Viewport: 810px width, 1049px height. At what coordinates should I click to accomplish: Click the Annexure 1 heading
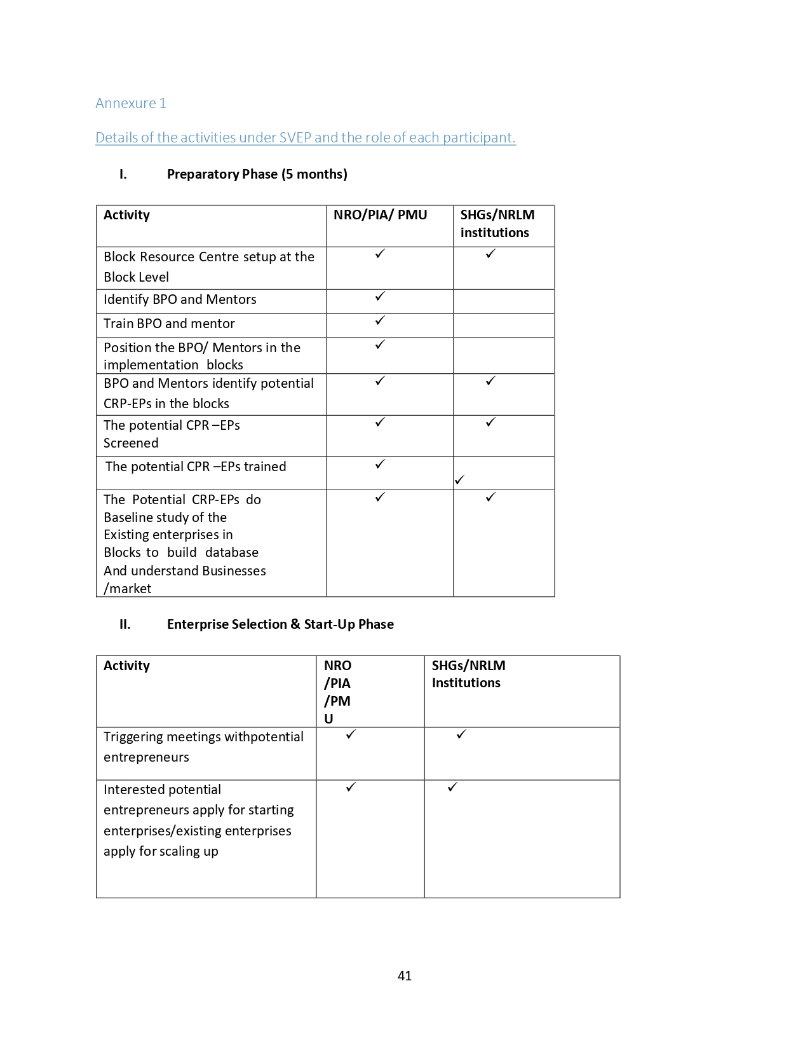[131, 104]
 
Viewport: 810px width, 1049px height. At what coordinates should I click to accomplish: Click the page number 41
[405, 976]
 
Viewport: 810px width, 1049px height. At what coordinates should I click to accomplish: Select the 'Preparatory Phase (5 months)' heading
[257, 174]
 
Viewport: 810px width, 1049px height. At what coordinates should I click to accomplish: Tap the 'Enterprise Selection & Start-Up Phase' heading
[280, 624]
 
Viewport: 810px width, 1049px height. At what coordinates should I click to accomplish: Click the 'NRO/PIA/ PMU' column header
[380, 215]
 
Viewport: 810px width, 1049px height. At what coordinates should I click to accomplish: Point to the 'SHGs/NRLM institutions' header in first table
[497, 224]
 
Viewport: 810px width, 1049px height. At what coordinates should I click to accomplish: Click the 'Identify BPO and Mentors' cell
[180, 299]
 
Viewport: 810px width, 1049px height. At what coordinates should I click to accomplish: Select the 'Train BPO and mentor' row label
[169, 324]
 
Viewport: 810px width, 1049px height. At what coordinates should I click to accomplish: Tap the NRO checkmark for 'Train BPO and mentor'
[380, 320]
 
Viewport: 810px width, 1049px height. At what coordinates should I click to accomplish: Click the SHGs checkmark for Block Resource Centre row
[490, 254]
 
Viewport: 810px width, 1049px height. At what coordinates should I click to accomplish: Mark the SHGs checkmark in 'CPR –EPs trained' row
[459, 480]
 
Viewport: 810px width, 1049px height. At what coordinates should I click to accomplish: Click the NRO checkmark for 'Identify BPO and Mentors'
[380, 296]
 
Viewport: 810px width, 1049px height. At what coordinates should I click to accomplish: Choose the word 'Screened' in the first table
[131, 443]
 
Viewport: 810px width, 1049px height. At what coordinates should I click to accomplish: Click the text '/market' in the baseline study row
[128, 589]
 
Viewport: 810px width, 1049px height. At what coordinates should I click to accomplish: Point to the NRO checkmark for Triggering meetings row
[351, 734]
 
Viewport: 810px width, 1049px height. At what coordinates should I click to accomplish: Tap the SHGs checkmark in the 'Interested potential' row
[452, 787]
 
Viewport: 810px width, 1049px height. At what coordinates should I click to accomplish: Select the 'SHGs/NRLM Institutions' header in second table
[468, 674]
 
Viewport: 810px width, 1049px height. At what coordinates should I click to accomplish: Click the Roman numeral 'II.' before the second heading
[125, 624]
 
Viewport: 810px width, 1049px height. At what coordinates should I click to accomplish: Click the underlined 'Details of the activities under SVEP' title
[305, 137]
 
